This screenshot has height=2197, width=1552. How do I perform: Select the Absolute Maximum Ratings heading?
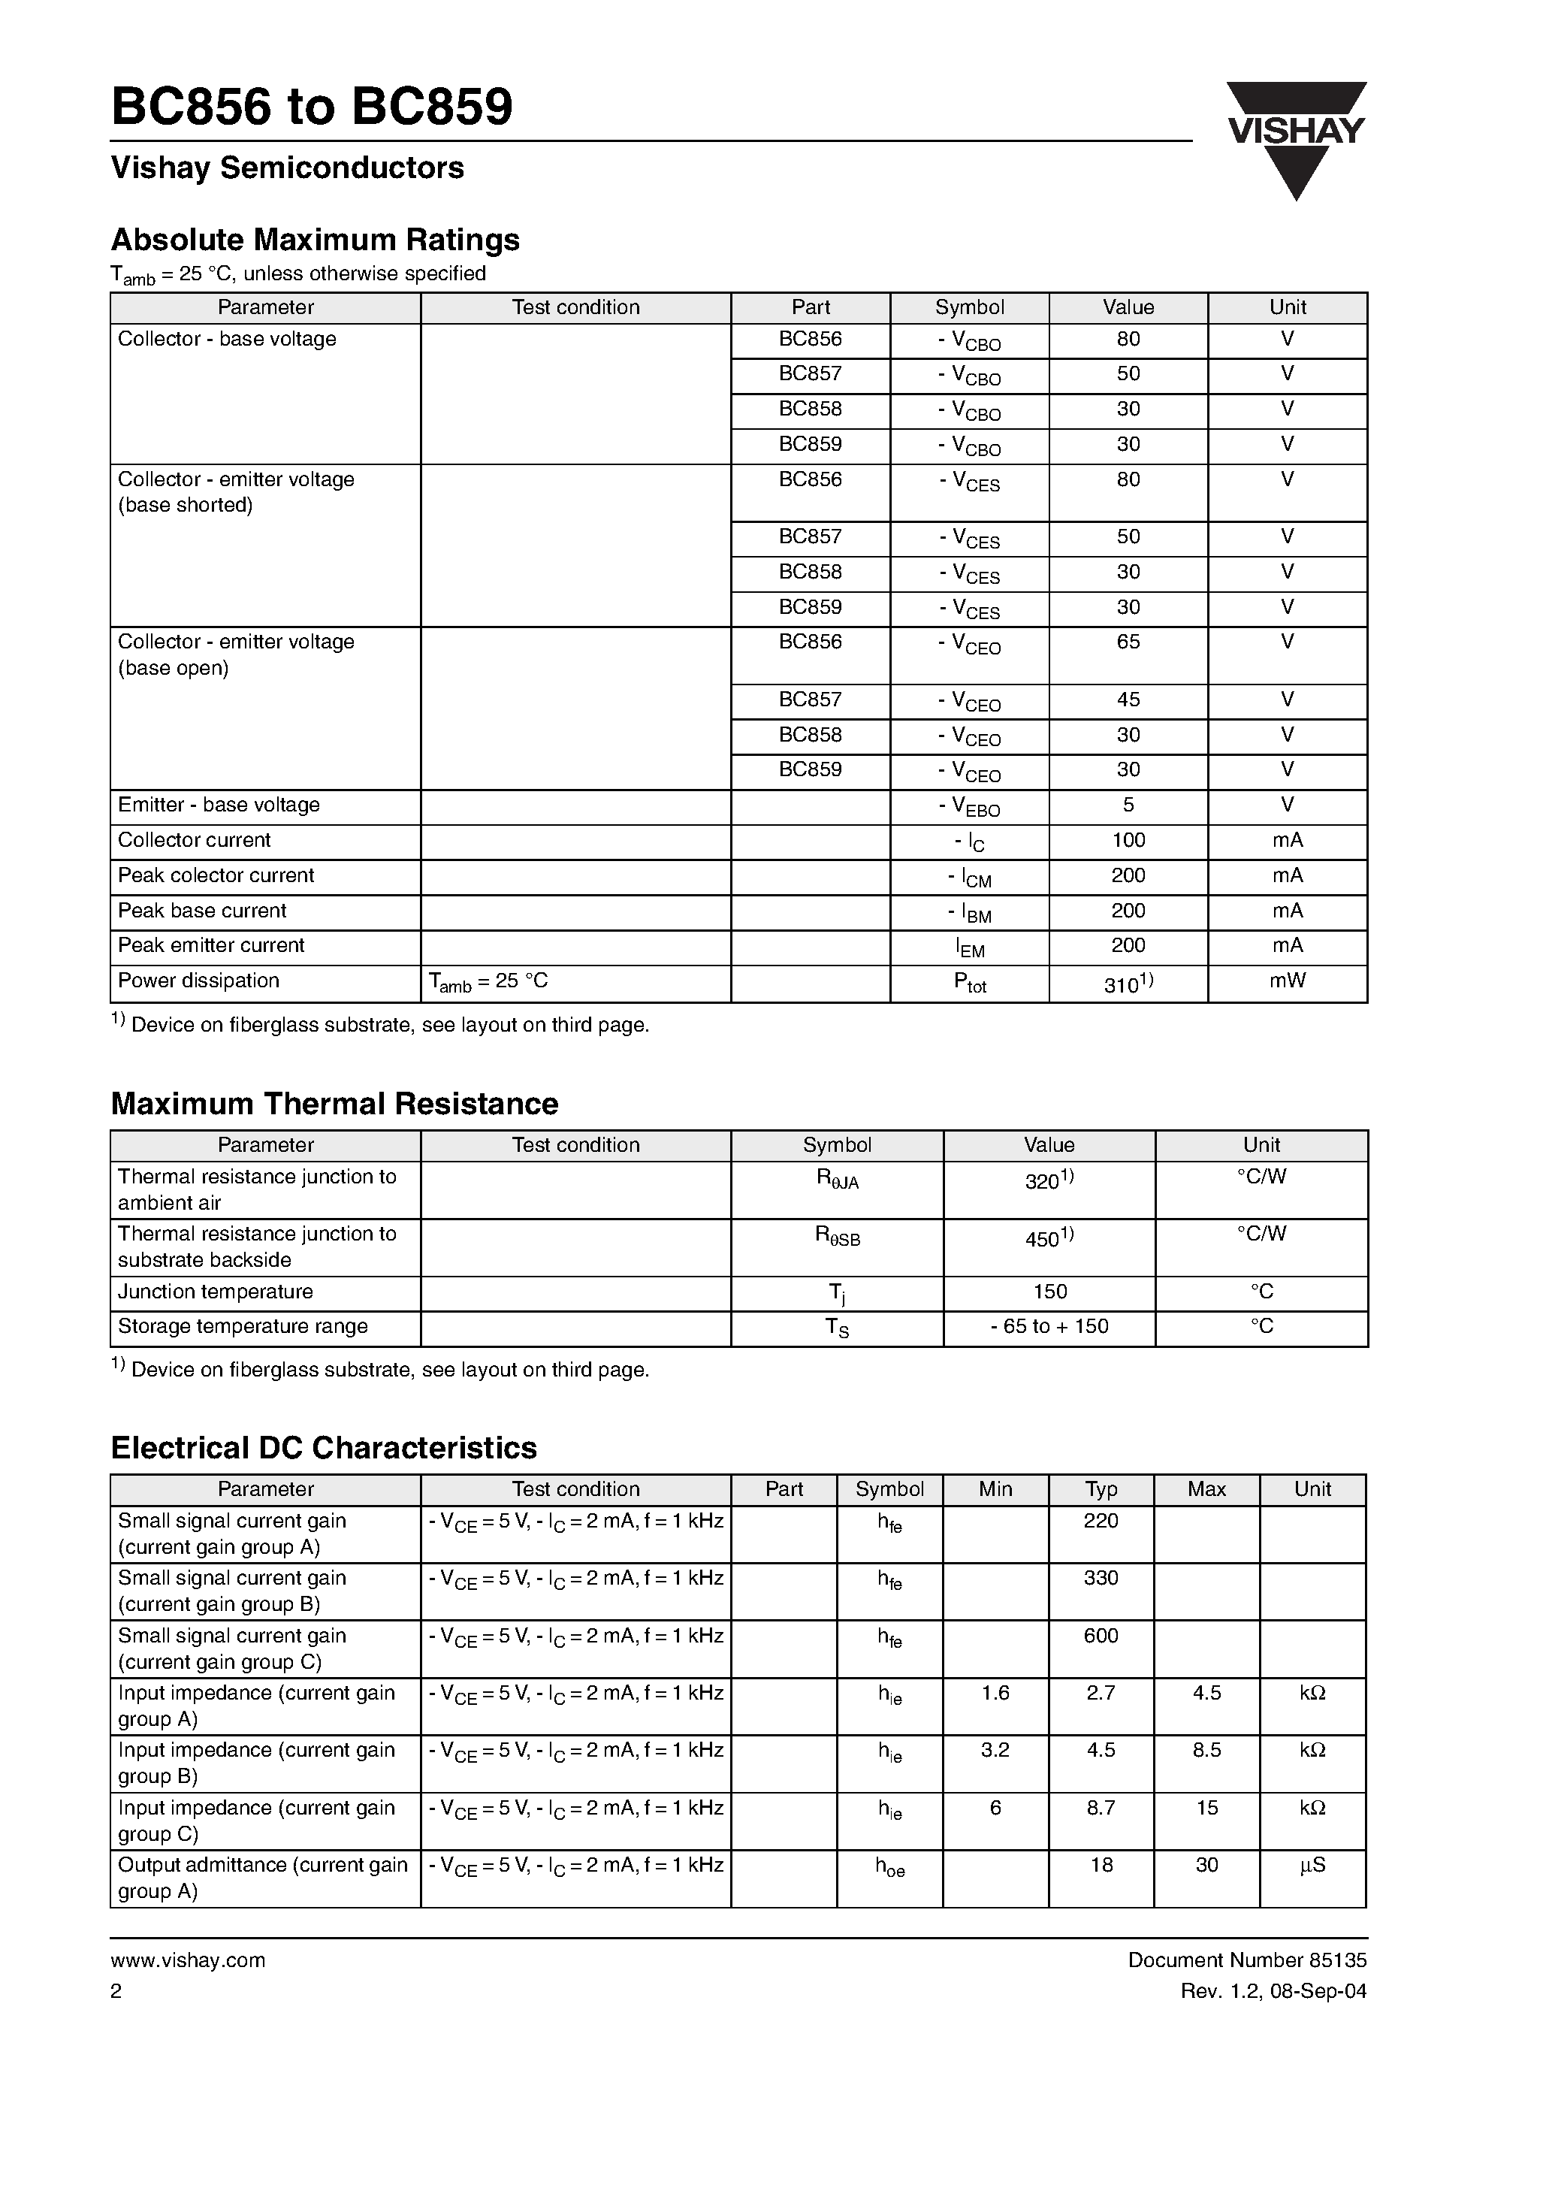(x=315, y=239)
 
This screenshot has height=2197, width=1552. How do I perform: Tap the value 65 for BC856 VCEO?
(x=1128, y=642)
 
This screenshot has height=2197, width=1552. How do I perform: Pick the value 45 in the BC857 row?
(x=1128, y=700)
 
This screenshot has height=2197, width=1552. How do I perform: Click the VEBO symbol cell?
(x=969, y=807)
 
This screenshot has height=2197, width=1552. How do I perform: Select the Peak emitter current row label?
(x=210, y=945)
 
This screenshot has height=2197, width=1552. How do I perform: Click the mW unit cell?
(x=1287, y=981)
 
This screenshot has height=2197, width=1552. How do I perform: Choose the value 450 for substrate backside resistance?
(x=1049, y=1238)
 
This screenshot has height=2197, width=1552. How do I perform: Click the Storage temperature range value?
(x=1049, y=1326)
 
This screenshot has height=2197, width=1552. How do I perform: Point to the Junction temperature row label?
(x=216, y=1292)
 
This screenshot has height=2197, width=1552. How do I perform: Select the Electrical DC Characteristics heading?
(x=324, y=1448)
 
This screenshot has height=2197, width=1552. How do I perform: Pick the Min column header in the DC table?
(x=995, y=1489)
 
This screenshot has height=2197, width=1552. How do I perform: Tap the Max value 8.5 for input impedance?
(x=1206, y=1749)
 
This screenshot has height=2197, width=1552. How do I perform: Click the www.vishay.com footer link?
(x=188, y=1960)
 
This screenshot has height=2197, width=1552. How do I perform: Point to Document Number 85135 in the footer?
(x=1247, y=1960)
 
